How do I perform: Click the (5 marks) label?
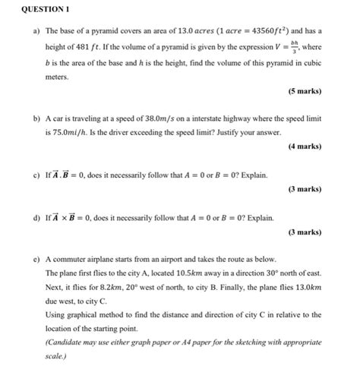pyautogui.click(x=305, y=91)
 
